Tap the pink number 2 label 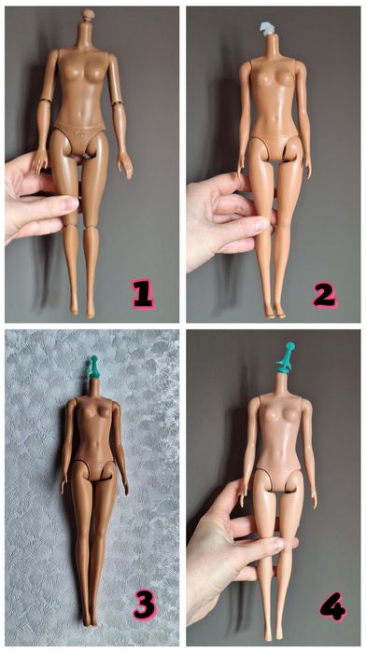[324, 294]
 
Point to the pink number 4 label [331, 607]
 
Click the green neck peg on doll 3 [93, 367]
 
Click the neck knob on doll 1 [89, 16]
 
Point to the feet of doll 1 [82, 305]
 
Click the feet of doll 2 [274, 308]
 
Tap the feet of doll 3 [89, 617]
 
